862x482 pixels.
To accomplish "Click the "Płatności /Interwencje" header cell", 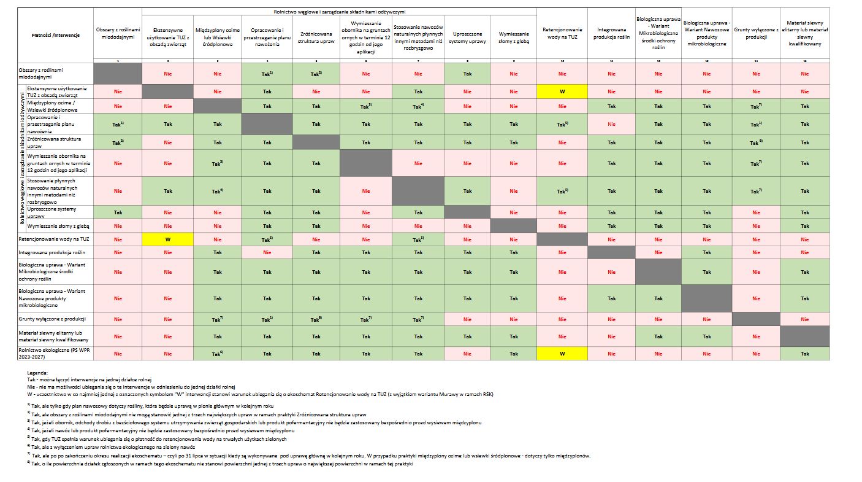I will pos(55,35).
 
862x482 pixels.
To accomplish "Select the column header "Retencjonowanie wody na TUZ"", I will pos(562,33).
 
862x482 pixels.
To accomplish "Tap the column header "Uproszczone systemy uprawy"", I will pos(467,37).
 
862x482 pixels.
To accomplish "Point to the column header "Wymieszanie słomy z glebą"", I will pos(514,37).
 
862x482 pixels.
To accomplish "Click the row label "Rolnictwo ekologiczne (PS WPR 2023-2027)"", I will pos(53,353).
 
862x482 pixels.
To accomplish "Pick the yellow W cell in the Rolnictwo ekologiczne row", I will pos(562,353).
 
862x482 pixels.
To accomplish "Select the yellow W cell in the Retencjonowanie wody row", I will pos(167,239).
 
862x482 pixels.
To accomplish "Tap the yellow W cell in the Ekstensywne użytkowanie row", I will pos(562,91).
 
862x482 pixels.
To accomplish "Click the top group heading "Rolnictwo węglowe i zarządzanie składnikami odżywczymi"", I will pos(339,12).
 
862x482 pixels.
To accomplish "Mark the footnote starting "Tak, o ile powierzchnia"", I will pos(221,464).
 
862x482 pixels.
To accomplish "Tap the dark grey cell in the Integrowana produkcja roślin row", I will pos(611,252).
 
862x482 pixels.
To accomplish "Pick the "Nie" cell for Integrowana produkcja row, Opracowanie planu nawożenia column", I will pos(267,252).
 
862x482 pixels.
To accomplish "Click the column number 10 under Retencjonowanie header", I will pos(562,60).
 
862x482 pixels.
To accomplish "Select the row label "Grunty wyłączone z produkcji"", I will pos(53,319).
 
